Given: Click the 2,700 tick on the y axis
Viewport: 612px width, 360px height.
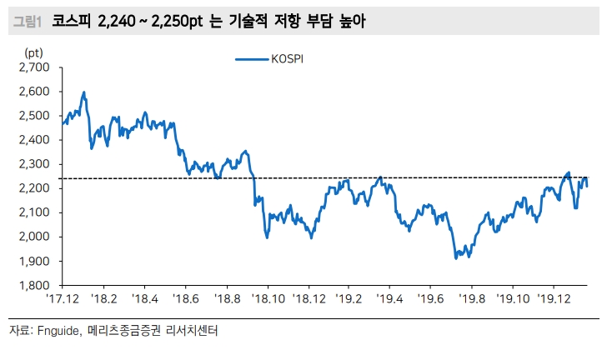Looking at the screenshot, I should pos(36,67).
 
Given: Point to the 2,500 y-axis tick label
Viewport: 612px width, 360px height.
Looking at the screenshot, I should pos(36,115).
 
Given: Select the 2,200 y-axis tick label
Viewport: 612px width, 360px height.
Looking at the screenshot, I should pos(36,188).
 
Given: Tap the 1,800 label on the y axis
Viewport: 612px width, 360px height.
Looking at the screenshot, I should pos(36,285).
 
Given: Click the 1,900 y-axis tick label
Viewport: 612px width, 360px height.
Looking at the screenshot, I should pos(36,261).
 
